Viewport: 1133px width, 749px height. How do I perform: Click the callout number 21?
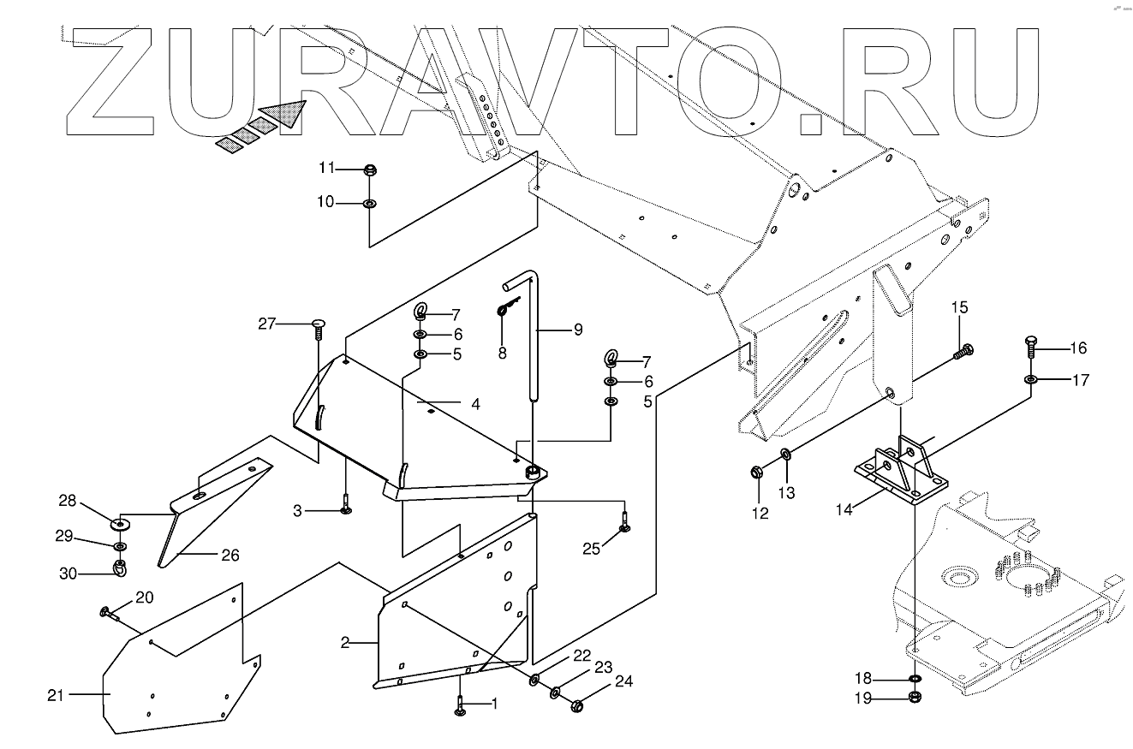56,695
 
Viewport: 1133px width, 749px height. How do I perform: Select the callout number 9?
577,329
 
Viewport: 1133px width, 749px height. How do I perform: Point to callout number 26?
230,555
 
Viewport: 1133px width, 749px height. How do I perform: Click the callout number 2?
345,643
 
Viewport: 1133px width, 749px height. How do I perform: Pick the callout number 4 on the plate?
474,403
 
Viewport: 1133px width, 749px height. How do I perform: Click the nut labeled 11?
370,169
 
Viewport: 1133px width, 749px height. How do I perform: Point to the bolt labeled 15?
964,349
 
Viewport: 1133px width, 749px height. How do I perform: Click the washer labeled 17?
1031,379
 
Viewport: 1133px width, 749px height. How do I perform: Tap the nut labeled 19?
915,698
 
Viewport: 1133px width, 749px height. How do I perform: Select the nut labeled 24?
576,706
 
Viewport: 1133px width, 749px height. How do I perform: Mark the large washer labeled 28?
118,523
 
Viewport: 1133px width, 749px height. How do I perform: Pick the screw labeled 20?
109,613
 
